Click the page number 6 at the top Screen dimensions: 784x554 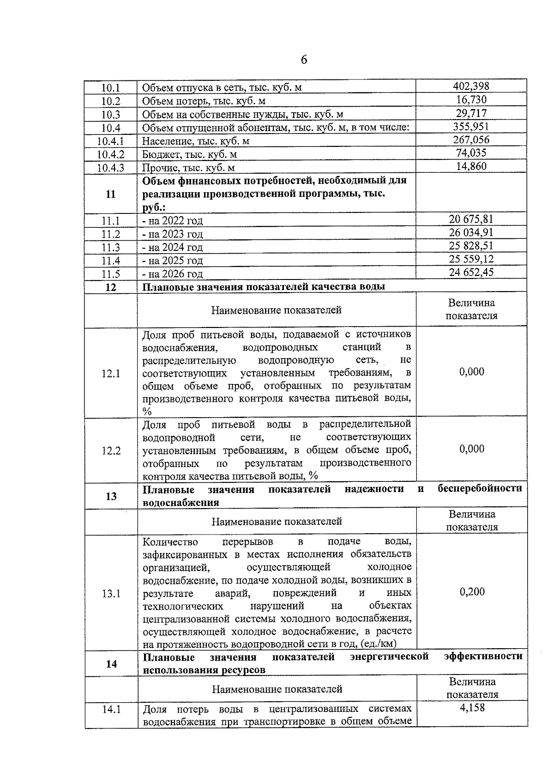[303, 60]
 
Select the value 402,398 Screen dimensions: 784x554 [471, 86]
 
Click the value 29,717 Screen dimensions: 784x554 [471, 113]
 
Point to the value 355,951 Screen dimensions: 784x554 [471, 127]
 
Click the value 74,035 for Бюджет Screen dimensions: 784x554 [471, 153]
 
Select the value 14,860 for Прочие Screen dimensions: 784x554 [471, 166]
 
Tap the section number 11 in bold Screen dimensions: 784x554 [111, 194]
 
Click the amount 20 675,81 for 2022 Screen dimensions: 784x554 [471, 219]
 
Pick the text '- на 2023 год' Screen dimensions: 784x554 [172, 234]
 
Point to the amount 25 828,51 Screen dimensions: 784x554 [471, 245]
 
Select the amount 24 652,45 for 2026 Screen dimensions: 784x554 [471, 272]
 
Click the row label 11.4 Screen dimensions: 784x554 [111, 261]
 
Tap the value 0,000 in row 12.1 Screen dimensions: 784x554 [471, 371]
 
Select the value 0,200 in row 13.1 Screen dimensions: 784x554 [472, 592]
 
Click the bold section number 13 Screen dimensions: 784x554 [111, 496]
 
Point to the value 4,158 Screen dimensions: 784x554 [472, 707]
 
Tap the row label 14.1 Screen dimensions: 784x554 [111, 709]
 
